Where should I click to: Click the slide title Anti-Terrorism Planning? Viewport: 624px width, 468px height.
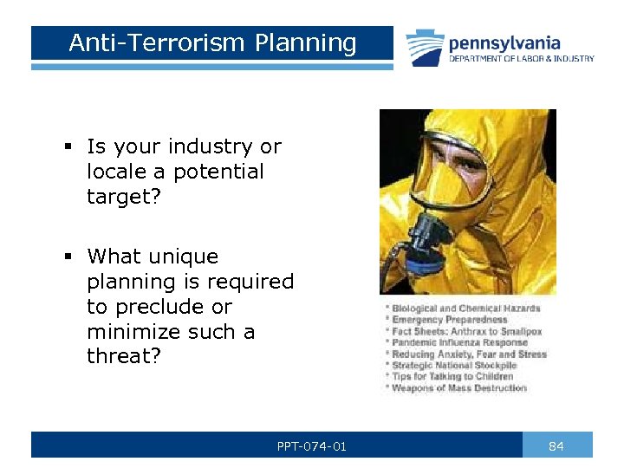[x=212, y=42]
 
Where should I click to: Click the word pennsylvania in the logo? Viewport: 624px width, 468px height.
[x=504, y=42]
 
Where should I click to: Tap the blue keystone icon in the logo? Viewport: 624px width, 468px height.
[x=426, y=47]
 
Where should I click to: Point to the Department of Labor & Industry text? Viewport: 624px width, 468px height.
[x=521, y=59]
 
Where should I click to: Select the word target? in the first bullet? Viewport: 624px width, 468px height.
[x=123, y=197]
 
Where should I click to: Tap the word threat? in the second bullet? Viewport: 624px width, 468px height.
[x=123, y=356]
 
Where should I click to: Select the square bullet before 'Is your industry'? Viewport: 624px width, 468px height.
[x=67, y=147]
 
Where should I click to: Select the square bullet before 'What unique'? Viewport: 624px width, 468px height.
[x=67, y=257]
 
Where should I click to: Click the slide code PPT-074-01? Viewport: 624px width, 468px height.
[x=311, y=446]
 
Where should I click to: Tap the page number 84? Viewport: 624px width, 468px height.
[x=556, y=446]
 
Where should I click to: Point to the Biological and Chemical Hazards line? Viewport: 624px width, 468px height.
[x=465, y=309]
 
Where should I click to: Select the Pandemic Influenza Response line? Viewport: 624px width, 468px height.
[x=459, y=343]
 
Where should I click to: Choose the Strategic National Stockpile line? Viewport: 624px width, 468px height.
[x=454, y=366]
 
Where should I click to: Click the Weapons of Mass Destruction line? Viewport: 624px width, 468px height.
[x=459, y=388]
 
